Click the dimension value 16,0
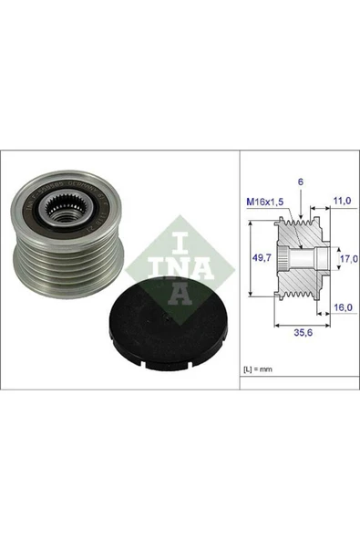tap(341, 310)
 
